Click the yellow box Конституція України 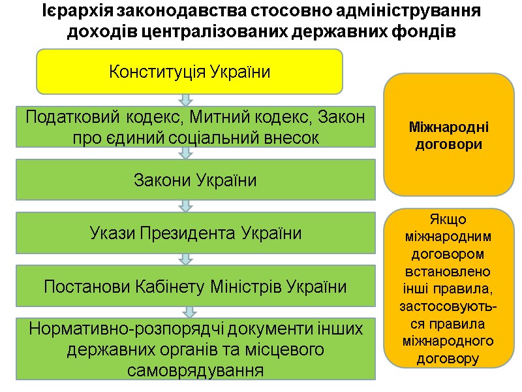pyautogui.click(x=189, y=71)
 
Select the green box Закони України pyautogui.click(x=195, y=180)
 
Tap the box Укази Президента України pyautogui.click(x=195, y=233)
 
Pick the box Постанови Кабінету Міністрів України pyautogui.click(x=195, y=286)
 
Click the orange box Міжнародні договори pyautogui.click(x=448, y=135)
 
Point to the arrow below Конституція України pyautogui.click(x=186, y=100)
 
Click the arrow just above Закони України pyautogui.click(x=186, y=153)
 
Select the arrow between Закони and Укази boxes pyautogui.click(x=186, y=206)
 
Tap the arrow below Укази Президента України pyautogui.click(x=186, y=259)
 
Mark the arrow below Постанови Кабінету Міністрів pyautogui.click(x=189, y=312)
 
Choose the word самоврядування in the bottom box pyautogui.click(x=195, y=370)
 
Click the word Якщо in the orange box pyautogui.click(x=448, y=220)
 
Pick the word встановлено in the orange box pyautogui.click(x=448, y=270)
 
